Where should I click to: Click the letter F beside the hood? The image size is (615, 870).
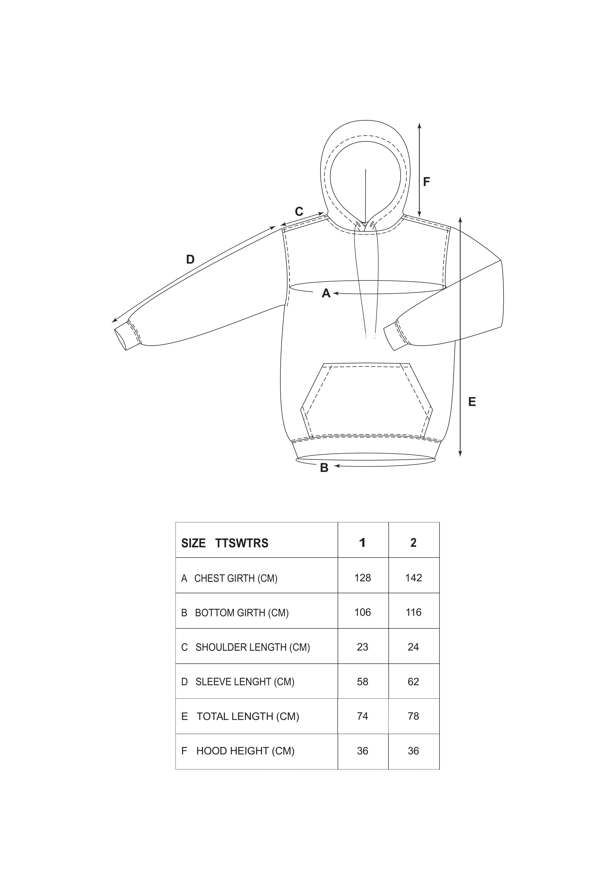[x=426, y=182]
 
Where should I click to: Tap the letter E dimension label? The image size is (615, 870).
[x=472, y=402]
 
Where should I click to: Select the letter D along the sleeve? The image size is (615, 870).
[x=190, y=260]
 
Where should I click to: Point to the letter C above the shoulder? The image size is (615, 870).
[x=299, y=212]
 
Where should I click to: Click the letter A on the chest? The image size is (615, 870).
[x=326, y=293]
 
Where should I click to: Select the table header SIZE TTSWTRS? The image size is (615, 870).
[x=225, y=543]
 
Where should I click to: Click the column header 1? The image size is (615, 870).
[x=362, y=543]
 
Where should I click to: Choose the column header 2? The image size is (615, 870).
[x=413, y=543]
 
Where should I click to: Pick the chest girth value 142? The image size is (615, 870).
[x=413, y=578]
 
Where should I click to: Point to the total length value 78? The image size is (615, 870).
[x=413, y=716]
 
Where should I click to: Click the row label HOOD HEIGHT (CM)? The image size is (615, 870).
[x=245, y=751]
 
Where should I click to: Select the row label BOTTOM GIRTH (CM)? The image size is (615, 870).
[x=242, y=613]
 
